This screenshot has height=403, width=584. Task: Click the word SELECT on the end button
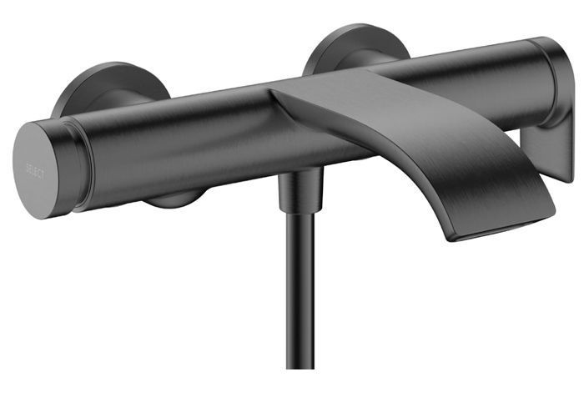pyautogui.click(x=35, y=170)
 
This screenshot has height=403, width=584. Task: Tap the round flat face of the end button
pyautogui.click(x=36, y=170)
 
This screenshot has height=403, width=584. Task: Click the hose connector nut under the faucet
pyautogui.click(x=300, y=191)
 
